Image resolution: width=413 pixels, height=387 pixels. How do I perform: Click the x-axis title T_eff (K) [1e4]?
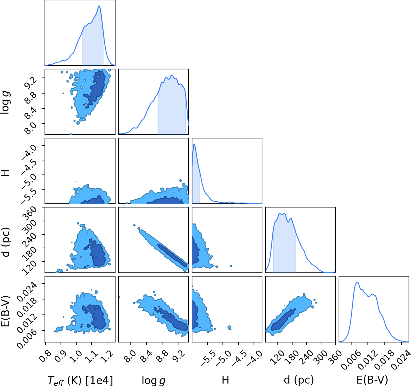(x=80, y=380)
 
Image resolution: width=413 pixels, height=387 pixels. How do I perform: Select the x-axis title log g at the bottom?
(x=153, y=381)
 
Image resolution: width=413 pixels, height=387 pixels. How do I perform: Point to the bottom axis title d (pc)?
(x=299, y=380)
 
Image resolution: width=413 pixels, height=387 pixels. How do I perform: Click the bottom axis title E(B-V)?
(x=372, y=380)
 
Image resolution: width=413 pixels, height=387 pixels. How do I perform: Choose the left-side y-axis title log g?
(x=5, y=102)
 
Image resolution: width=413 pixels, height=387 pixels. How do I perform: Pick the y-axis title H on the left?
(x=6, y=173)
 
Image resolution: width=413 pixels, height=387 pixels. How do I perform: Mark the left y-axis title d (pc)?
(x=6, y=242)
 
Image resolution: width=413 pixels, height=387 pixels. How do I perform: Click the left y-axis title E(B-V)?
(x=6, y=311)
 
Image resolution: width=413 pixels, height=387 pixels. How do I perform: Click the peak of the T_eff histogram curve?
(x=99, y=6)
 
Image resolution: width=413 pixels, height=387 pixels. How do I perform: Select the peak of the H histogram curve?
(x=194, y=144)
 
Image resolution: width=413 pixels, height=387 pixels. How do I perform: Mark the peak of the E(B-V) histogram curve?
(x=357, y=282)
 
